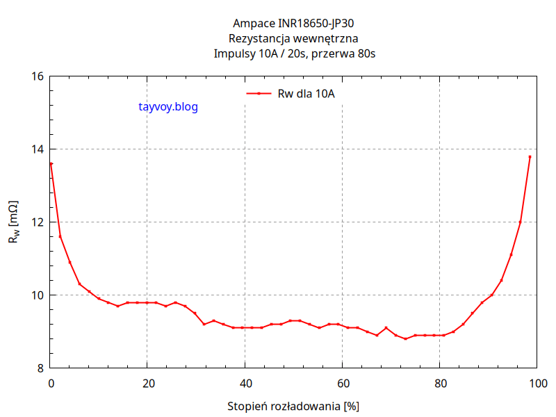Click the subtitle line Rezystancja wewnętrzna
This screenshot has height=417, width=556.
[293, 39]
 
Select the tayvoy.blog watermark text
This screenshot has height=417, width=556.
[168, 107]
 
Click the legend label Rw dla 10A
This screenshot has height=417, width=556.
[306, 94]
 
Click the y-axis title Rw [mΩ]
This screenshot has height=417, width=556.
[14, 222]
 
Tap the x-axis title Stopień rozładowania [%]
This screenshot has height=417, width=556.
[293, 405]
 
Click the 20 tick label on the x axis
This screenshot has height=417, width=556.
[147, 383]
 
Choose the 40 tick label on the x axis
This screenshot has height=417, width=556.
[245, 383]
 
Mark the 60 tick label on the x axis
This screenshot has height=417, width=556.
[342, 383]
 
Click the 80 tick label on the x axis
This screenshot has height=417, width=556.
[439, 383]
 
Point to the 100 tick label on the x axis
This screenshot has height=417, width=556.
[537, 383]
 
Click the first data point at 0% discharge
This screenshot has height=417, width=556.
[51, 164]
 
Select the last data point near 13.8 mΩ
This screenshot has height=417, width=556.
[530, 157]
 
